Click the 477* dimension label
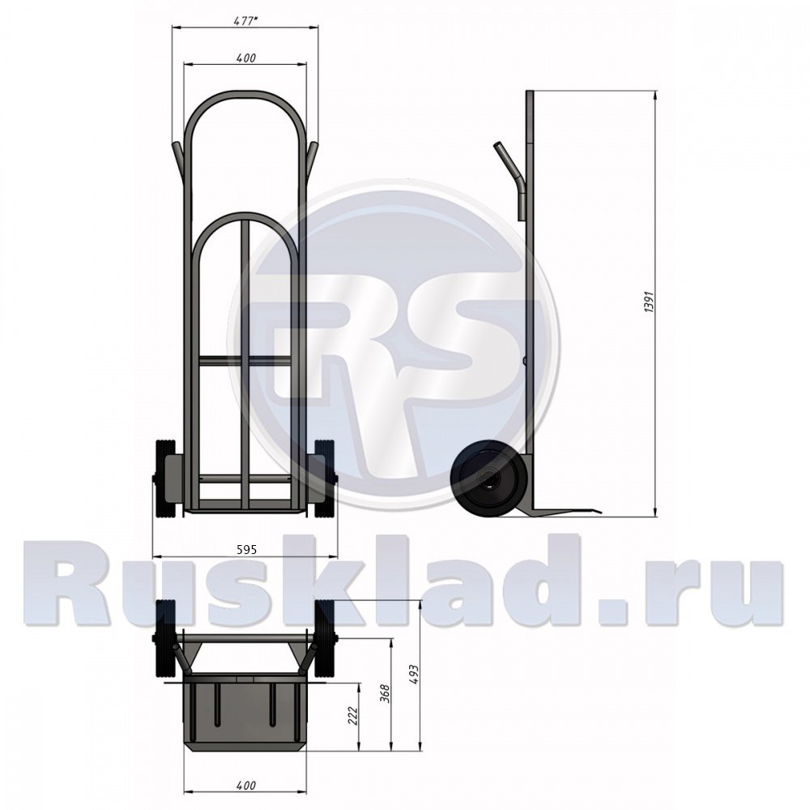[245, 21]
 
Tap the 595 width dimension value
[246, 548]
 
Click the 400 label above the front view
[246, 58]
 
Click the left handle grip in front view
[177, 159]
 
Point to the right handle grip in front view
[313, 159]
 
